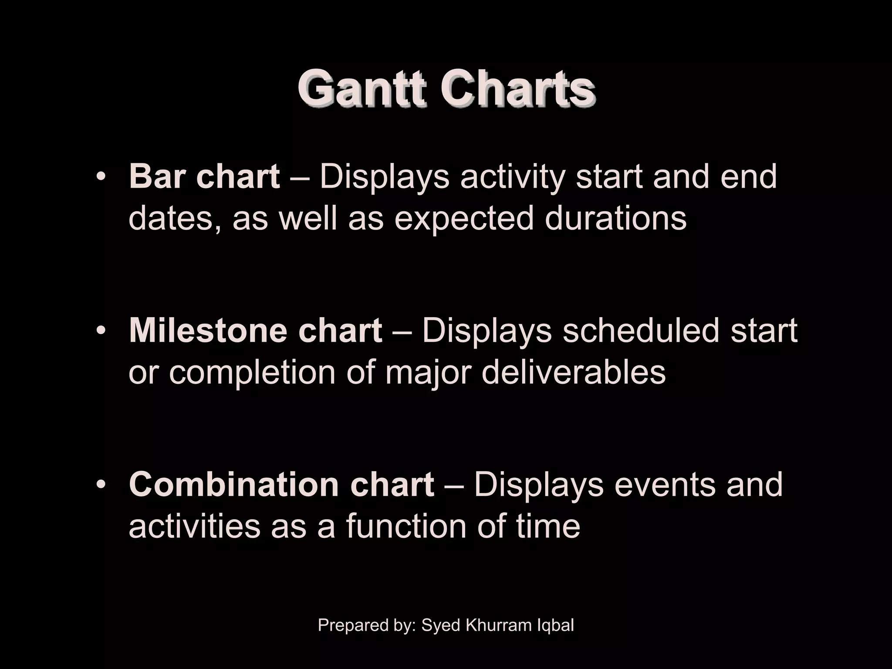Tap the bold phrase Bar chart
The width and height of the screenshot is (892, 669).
204,177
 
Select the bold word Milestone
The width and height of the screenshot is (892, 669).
207,331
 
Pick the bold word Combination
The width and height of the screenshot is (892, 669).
234,484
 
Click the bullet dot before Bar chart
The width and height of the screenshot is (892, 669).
101,178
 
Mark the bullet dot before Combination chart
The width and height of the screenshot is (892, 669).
101,485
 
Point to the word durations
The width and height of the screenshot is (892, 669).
615,218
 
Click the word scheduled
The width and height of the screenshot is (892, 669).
641,331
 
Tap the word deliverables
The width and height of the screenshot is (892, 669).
573,372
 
